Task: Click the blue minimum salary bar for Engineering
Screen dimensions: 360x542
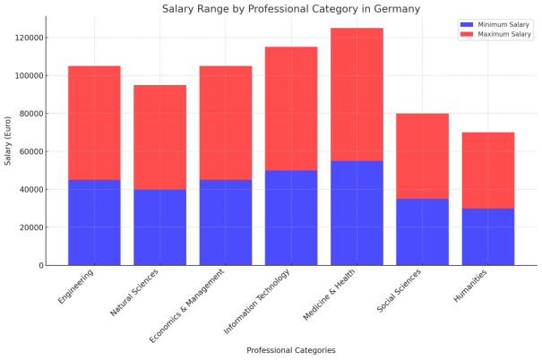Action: (94, 222)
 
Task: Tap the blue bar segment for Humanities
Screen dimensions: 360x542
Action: (488, 236)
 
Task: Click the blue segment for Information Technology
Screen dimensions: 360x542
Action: (291, 218)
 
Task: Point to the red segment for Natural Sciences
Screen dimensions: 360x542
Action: (159, 137)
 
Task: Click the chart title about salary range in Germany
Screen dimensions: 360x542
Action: (291, 9)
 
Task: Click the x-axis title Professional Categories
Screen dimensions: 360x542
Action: (291, 350)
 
